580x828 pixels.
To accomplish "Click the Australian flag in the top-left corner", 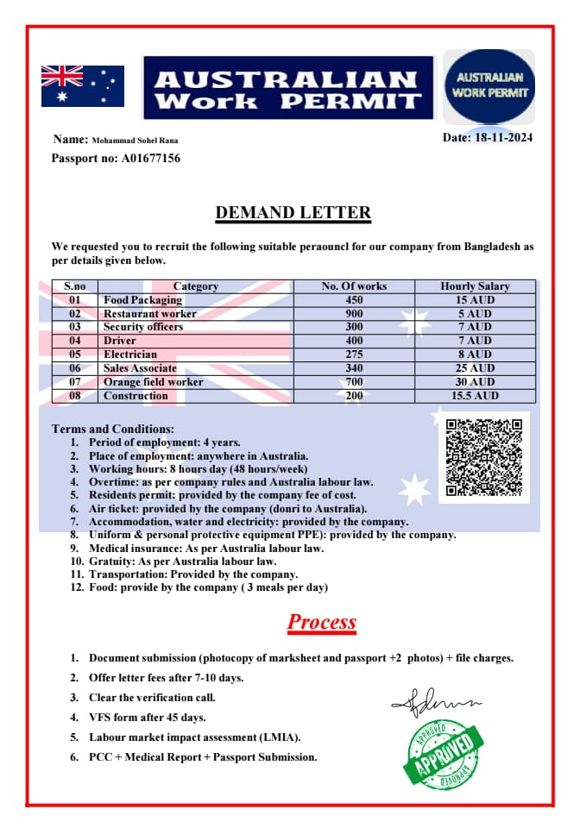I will [x=82, y=86].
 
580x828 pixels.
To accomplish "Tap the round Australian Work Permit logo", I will [x=489, y=86].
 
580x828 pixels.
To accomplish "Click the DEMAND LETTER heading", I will [x=293, y=212].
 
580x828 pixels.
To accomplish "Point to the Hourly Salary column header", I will [x=475, y=286].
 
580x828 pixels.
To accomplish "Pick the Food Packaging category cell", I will [x=142, y=300].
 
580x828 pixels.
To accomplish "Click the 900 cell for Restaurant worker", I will [x=354, y=314].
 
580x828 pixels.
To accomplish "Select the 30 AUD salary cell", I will [x=475, y=382].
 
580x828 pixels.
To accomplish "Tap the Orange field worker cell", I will [x=153, y=382].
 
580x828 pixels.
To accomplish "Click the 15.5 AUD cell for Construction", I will [x=475, y=396].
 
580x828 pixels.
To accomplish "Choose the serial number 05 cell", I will [x=74, y=354].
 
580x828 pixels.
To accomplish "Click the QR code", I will [x=483, y=456].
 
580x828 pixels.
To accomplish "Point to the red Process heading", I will [x=321, y=622].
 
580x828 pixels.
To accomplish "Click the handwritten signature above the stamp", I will [x=435, y=703].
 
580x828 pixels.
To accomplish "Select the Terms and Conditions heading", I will [x=112, y=429].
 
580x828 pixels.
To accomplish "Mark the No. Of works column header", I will [x=354, y=286].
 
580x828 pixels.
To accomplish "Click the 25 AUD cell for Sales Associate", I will [x=475, y=368].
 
